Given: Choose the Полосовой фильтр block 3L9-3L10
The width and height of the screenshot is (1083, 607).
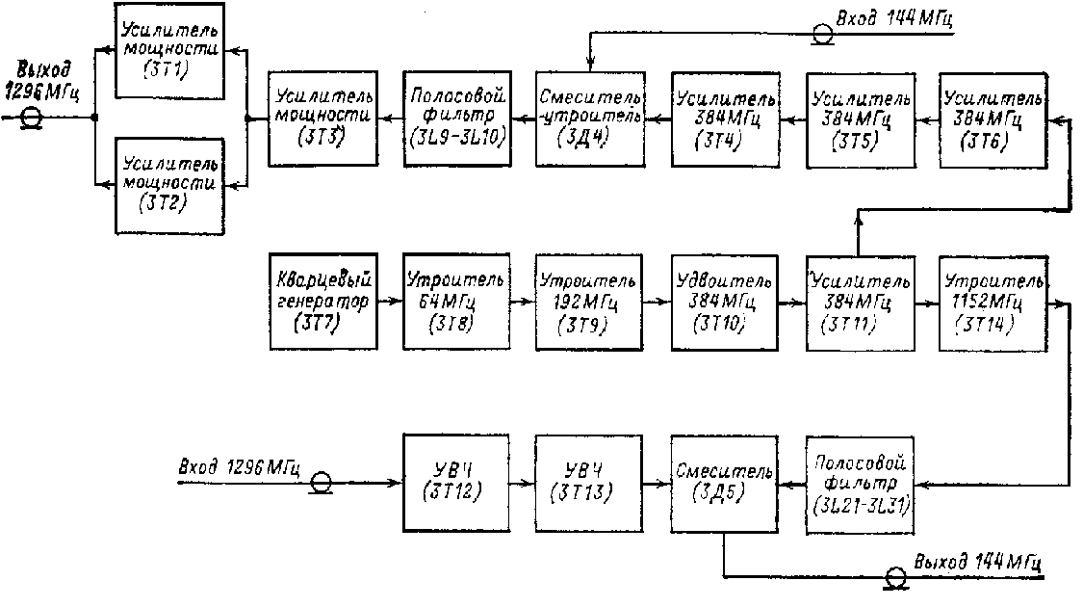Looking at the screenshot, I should [x=456, y=117].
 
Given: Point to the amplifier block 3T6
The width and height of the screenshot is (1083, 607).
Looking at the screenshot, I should [x=993, y=117].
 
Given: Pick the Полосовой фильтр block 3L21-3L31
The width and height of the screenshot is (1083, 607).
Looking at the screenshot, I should [x=859, y=483].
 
